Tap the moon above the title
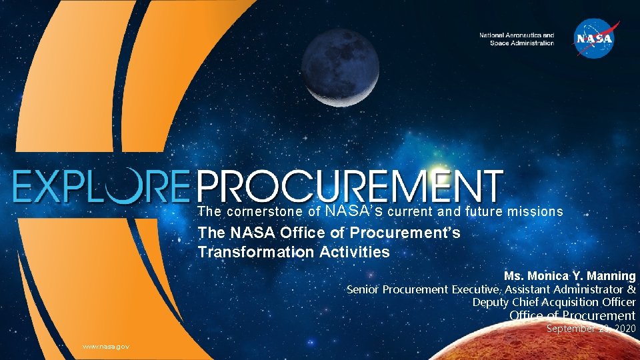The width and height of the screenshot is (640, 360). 340,68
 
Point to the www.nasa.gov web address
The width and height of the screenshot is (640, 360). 105,347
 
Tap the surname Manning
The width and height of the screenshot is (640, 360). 613,276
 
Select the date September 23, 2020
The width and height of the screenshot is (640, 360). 591,329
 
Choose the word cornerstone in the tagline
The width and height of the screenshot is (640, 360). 263,212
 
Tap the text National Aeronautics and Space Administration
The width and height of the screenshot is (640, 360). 517,39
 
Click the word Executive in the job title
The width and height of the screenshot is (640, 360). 476,289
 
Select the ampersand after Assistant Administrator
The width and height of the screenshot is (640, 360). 631,289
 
